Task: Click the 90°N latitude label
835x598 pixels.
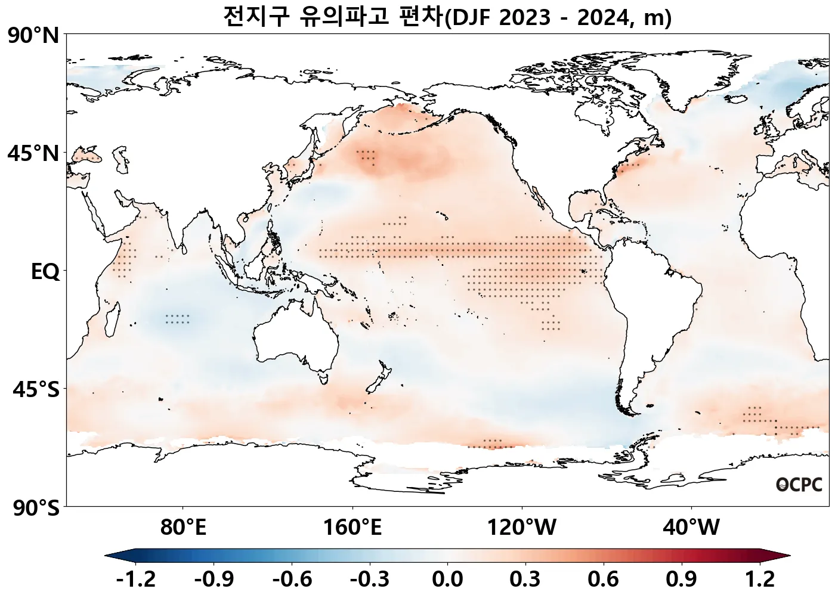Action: (x=33, y=36)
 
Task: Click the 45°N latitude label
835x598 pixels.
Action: (x=33, y=154)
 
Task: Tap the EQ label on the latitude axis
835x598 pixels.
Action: (x=45, y=272)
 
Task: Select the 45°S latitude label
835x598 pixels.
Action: (x=36, y=390)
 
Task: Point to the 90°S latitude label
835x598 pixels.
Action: (x=36, y=508)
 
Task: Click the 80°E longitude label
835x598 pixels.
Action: (x=183, y=527)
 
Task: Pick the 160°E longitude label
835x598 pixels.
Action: (x=352, y=527)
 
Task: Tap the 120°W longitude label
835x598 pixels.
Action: (x=522, y=527)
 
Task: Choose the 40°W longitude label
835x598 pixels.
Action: (x=691, y=527)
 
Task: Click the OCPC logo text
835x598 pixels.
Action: (x=799, y=485)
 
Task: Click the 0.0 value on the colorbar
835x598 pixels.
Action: (x=447, y=579)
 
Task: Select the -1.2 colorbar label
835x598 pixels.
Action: (x=136, y=579)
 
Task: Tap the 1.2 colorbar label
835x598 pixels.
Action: (x=760, y=579)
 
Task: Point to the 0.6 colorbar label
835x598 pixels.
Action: (x=603, y=579)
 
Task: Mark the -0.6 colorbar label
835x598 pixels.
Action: (x=292, y=579)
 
